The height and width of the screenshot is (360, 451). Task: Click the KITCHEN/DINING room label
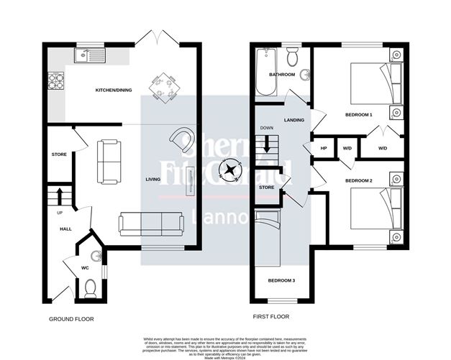click(x=116, y=91)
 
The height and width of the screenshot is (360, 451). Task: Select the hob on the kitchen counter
click(x=55, y=80)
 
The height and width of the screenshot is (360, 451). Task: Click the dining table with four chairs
click(x=163, y=86)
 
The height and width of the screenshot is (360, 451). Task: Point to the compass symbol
click(x=230, y=171)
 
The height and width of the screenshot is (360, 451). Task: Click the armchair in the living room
click(x=181, y=139)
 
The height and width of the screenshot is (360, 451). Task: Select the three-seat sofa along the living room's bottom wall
click(x=151, y=223)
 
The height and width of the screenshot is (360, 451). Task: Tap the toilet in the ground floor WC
click(x=91, y=288)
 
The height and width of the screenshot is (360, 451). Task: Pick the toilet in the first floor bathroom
click(x=293, y=57)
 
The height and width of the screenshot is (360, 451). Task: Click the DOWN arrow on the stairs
click(x=267, y=144)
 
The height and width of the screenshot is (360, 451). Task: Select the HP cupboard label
click(x=324, y=148)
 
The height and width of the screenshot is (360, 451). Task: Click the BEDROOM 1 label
click(x=359, y=115)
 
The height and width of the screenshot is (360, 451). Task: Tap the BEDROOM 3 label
click(x=282, y=280)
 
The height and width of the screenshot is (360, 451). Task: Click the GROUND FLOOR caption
click(x=72, y=318)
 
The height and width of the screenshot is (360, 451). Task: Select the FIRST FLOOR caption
click(x=271, y=316)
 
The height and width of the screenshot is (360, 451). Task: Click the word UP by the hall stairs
click(x=50, y=213)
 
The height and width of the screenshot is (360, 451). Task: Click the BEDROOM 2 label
click(x=359, y=180)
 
